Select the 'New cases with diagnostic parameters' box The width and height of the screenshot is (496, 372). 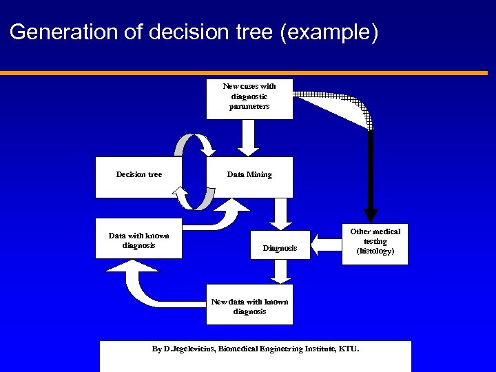pos(249,99)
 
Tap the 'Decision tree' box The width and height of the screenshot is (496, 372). pos(138,176)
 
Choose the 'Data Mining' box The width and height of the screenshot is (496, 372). pos(249,176)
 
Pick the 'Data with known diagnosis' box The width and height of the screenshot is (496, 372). pos(138,240)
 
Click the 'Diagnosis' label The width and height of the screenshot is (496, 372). pos(280,248)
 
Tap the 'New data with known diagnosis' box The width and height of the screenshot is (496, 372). pos(249,304)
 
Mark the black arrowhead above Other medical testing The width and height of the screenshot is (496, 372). pos(371,214)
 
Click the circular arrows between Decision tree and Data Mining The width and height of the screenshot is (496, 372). pos(195,172)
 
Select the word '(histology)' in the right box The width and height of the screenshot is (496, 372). pos(375,251)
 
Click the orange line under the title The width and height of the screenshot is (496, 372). pos(248,72)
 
